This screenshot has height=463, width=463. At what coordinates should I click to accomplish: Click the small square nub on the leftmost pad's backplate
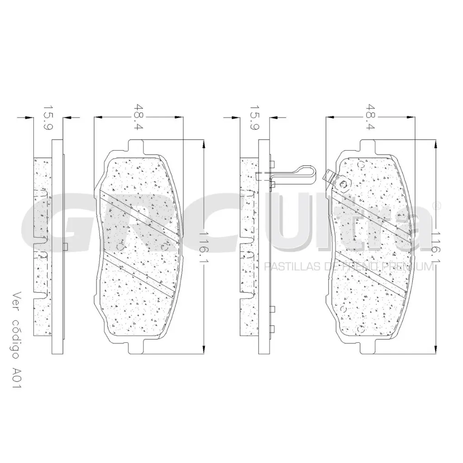tap(66, 246)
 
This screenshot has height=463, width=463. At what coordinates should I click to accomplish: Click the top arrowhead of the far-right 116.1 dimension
tap(435, 144)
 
